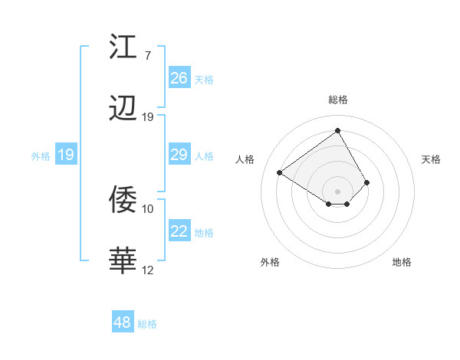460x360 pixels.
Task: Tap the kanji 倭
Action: coord(123,200)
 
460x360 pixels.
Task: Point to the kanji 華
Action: coord(123,261)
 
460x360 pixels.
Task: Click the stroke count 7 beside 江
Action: coord(147,56)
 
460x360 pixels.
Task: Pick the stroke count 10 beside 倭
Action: coord(148,208)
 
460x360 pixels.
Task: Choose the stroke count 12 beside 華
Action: coord(148,270)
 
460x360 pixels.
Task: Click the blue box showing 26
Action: coord(179,78)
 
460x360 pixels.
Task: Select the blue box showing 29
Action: coord(179,155)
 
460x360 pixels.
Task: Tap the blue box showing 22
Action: coord(179,231)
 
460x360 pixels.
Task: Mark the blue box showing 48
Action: coord(123,322)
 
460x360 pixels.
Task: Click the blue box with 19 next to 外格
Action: coord(66,155)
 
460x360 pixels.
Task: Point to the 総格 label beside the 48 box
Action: coord(147,324)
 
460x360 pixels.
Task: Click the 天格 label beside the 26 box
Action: coord(204,79)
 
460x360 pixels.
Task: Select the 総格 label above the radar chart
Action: coord(338,100)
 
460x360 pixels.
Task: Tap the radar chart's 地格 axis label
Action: coord(402,262)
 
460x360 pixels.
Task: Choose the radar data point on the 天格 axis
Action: coord(367,182)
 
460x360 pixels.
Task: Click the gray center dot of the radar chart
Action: coord(338,191)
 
